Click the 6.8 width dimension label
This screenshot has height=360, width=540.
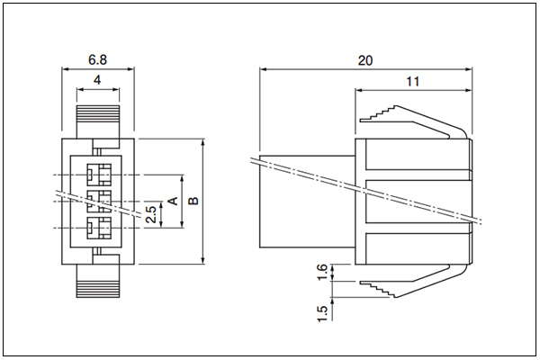(x=98, y=59)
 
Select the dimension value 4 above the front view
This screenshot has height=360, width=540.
(x=97, y=80)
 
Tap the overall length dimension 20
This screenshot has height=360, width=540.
(x=365, y=60)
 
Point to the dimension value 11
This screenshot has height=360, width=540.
(x=413, y=82)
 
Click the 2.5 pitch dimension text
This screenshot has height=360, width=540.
(x=151, y=214)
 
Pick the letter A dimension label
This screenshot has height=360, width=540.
(x=173, y=201)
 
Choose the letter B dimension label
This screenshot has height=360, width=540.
(x=193, y=201)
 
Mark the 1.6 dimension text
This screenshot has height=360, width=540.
(x=321, y=272)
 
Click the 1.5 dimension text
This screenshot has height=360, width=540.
(x=321, y=314)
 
